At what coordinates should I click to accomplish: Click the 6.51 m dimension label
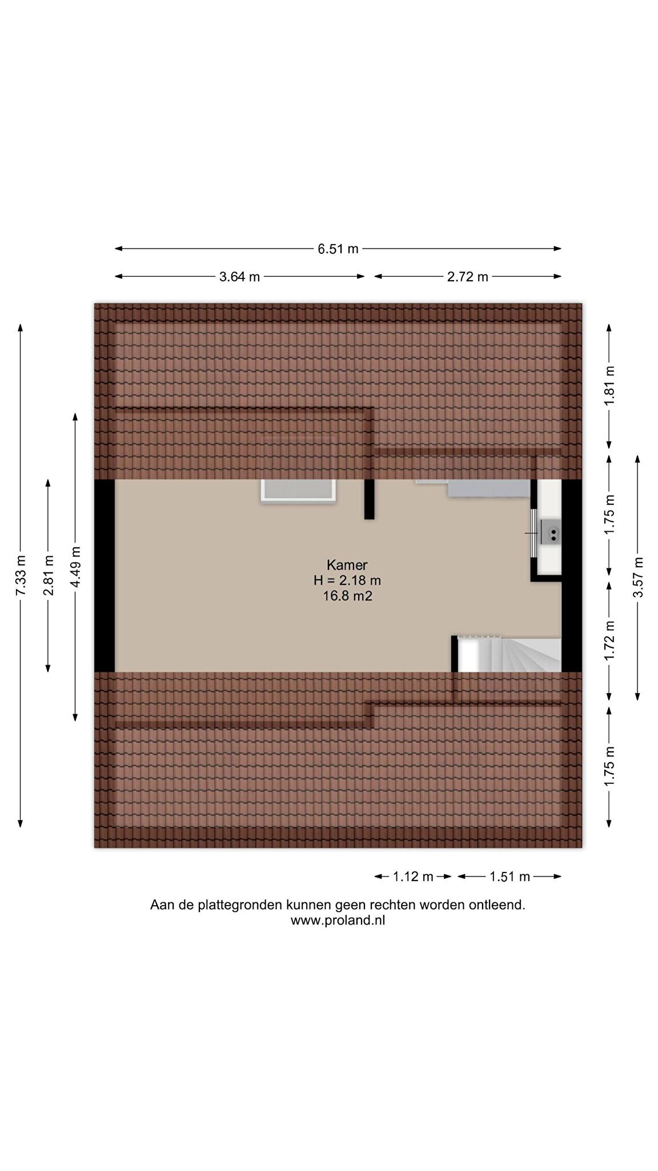click(x=338, y=249)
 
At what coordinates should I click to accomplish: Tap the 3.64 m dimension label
click(x=239, y=277)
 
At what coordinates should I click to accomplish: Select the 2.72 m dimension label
click(x=468, y=277)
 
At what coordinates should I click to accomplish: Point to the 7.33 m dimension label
click(x=21, y=575)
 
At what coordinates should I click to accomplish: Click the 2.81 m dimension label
click(x=49, y=575)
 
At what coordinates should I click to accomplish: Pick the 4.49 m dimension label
click(x=75, y=567)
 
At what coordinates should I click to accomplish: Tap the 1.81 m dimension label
click(x=609, y=386)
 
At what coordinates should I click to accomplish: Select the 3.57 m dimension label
click(x=638, y=577)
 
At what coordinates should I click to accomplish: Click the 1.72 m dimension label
click(x=609, y=641)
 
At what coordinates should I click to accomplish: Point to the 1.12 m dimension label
click(x=413, y=877)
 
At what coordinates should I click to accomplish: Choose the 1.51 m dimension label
click(x=509, y=877)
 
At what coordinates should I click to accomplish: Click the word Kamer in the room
click(x=347, y=565)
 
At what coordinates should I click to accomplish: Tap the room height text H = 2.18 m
click(x=347, y=580)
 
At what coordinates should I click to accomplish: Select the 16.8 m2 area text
click(x=347, y=596)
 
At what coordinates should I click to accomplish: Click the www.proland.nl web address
click(x=338, y=921)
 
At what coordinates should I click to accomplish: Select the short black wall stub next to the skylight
click(x=370, y=499)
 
